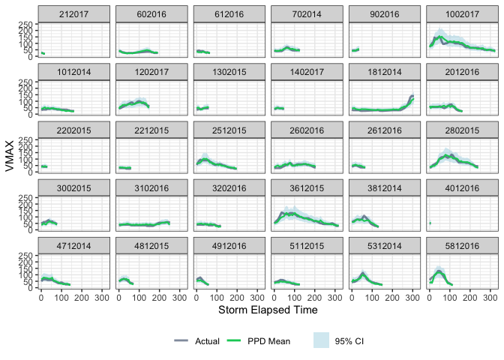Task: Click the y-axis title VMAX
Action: pyautogui.click(x=10, y=158)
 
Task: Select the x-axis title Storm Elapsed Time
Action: pyautogui.click(x=267, y=309)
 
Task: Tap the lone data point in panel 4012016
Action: pyautogui.click(x=430, y=223)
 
